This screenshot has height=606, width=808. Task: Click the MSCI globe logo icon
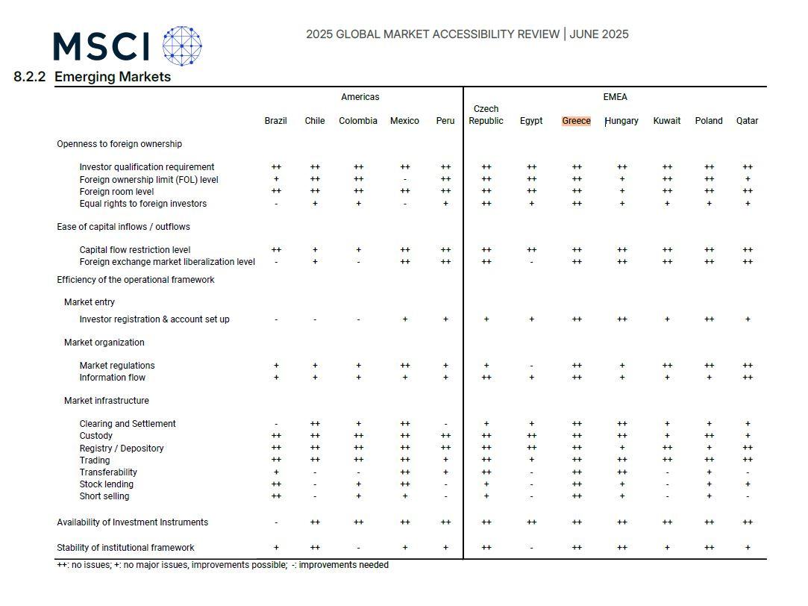tap(182, 46)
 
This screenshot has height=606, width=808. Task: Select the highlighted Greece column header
tap(576, 121)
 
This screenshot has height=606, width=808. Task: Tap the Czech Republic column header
tap(486, 115)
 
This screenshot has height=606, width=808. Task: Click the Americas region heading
tap(360, 97)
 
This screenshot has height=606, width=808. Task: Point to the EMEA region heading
tap(615, 97)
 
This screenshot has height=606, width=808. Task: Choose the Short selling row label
tap(104, 496)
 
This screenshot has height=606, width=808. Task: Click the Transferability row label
tap(108, 472)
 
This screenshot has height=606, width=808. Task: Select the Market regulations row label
tap(117, 366)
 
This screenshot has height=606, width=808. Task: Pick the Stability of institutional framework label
tap(125, 547)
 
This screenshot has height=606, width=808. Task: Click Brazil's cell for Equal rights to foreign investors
tap(276, 204)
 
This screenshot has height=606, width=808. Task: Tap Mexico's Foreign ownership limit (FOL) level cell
tap(405, 180)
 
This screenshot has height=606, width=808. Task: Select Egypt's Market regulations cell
tap(531, 366)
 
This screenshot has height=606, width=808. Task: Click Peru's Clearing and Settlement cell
tap(445, 425)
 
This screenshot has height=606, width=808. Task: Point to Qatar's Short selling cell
tap(748, 497)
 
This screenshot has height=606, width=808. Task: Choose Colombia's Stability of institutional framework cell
tap(359, 549)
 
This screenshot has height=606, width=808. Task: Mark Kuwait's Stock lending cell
tap(667, 485)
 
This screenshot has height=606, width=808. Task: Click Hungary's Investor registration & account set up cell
tap(622, 319)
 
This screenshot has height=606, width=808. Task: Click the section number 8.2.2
tap(29, 77)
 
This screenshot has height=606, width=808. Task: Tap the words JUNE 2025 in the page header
tap(599, 34)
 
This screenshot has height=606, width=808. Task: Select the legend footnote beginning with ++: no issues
tap(222, 565)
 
